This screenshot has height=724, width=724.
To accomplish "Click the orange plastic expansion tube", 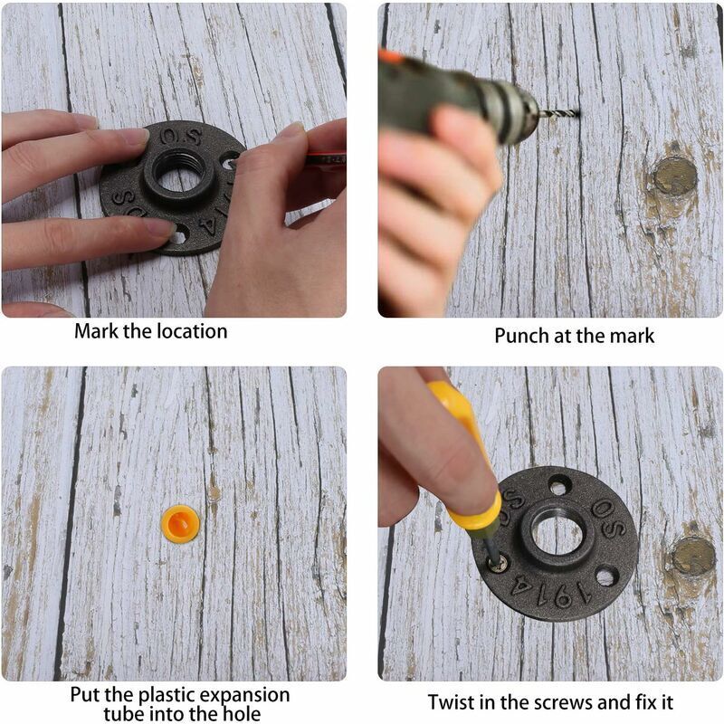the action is point(180,524).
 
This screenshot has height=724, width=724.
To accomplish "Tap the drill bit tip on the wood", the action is point(578,110).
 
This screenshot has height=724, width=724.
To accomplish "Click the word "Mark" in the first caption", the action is point(97,331).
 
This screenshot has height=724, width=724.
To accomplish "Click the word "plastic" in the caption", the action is point(168,695).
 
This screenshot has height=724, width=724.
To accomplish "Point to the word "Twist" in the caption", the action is point(452,703).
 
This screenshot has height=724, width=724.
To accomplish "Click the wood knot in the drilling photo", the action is point(674,175).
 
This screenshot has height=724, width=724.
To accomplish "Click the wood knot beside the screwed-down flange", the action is point(692,556).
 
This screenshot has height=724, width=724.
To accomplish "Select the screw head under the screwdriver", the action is point(498,564).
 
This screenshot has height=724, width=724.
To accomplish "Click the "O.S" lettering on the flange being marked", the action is point(180,137).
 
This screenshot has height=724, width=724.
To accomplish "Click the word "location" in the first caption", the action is point(192,331).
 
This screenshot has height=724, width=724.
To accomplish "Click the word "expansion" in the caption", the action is point(246,695).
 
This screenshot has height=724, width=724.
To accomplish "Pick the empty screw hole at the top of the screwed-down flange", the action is point(558,487).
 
